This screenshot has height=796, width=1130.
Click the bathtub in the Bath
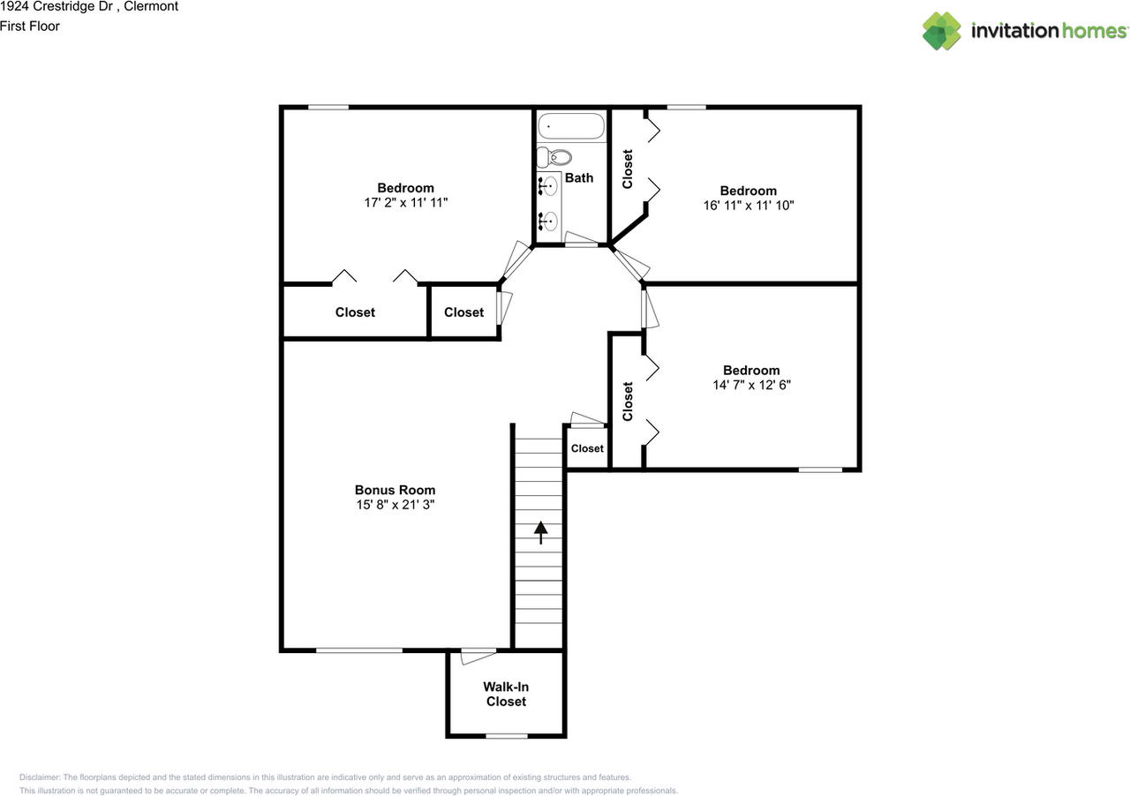click(x=571, y=126)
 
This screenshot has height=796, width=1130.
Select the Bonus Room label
click(x=395, y=490)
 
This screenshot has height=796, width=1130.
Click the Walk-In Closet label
click(x=506, y=694)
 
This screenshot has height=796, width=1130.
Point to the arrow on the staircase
click(x=539, y=532)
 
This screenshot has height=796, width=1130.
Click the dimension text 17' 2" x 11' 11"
click(x=405, y=202)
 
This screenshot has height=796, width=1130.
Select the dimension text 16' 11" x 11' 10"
click(x=748, y=205)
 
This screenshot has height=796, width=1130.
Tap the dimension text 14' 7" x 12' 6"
click(x=750, y=385)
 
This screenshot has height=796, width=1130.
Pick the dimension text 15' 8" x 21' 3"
click(x=395, y=505)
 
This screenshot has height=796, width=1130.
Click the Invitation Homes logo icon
click(x=942, y=31)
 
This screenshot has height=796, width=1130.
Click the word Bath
click(x=579, y=177)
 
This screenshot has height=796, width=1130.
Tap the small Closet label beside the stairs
click(x=587, y=448)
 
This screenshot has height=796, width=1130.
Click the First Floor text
click(x=30, y=26)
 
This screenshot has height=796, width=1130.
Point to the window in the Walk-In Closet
click(x=507, y=735)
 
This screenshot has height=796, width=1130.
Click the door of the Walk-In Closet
click(x=478, y=655)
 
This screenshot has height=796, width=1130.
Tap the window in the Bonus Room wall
click(x=358, y=650)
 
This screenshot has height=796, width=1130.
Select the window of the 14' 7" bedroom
click(x=820, y=469)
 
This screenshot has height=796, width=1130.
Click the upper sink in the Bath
click(x=549, y=186)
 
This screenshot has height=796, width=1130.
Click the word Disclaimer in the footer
click(x=40, y=777)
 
